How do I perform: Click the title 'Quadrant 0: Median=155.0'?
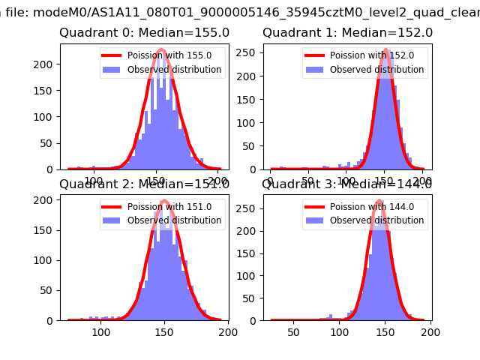144,33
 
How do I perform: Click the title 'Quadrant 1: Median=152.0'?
347,33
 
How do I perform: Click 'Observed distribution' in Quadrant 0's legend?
174,70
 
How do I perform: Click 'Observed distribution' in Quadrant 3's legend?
376,220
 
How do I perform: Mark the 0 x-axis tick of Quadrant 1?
271,181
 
